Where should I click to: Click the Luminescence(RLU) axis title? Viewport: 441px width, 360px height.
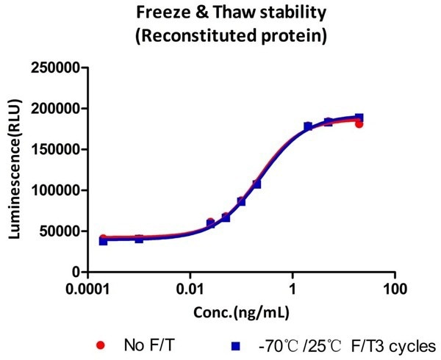click(14, 169)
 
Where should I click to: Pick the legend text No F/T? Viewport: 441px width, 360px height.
click(144, 344)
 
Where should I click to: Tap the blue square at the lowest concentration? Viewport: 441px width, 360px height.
click(104, 240)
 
